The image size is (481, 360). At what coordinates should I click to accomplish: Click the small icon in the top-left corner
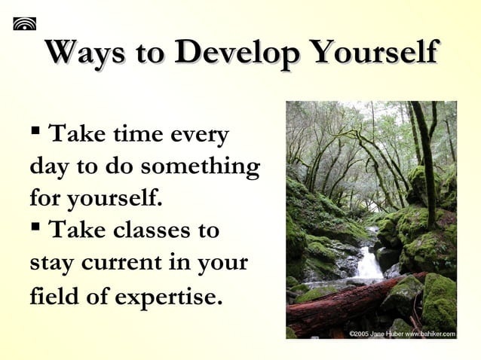pos(24,23)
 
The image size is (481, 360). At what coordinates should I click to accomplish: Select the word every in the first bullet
pos(200,136)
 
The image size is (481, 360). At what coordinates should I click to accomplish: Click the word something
pos(201,168)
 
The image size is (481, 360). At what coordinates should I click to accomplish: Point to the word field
pos(54,296)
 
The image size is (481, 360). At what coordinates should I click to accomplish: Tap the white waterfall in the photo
pos(369,264)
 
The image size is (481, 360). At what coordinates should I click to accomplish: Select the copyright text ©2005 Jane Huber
pos(375,333)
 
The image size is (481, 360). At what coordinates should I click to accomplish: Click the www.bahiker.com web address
pos(430,333)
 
